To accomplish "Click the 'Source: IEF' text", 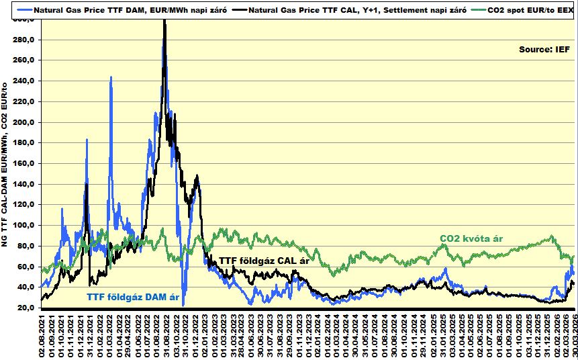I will pyautogui.click(x=544, y=50).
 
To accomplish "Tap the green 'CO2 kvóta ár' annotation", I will pyautogui.click(x=471, y=238).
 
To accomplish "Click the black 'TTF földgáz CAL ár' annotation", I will pyautogui.click(x=264, y=261).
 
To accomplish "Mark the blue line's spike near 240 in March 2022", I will pyautogui.click(x=111, y=78).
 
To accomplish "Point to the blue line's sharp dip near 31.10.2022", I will pyautogui.click(x=183, y=304).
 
